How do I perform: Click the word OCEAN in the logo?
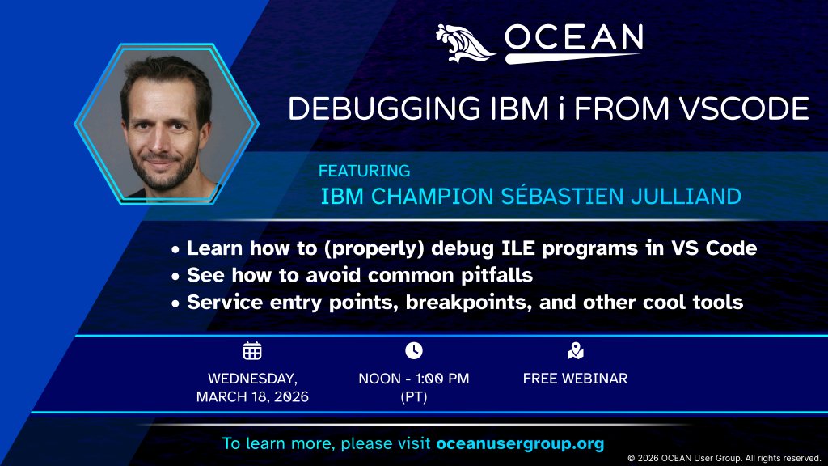[573, 37]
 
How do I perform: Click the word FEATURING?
[364, 172]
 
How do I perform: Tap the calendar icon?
[252, 350]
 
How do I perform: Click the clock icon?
[413, 350]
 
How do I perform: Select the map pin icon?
[575, 350]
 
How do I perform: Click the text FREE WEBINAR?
[575, 378]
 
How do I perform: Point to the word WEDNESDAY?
[252, 378]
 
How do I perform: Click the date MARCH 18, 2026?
[252, 397]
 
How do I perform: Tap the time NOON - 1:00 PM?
[413, 378]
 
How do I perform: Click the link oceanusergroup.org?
[520, 444]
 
